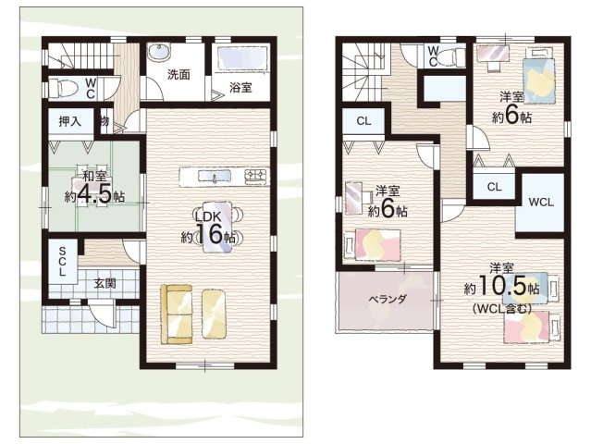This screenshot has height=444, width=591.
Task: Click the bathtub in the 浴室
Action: tap(242, 57)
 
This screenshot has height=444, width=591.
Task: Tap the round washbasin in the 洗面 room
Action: tap(159, 52)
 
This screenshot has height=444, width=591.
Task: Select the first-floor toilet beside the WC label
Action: tap(63, 88)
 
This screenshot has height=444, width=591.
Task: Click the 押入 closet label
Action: tap(70, 121)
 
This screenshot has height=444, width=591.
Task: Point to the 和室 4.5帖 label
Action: tap(94, 188)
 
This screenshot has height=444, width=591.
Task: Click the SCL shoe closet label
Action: tap(62, 261)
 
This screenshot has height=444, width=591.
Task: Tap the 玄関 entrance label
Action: tap(105, 283)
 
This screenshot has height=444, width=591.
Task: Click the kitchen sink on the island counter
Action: tap(215, 177)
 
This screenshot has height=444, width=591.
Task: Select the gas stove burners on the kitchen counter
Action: tap(256, 176)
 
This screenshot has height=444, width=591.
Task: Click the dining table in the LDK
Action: tap(216, 227)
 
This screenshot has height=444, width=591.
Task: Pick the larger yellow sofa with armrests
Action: tap(177, 314)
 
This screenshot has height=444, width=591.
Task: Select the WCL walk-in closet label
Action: tap(541, 203)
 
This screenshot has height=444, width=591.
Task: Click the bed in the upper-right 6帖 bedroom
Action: tap(539, 80)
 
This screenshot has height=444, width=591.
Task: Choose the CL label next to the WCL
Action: tap(494, 187)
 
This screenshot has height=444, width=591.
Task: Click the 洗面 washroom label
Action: tap(179, 75)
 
